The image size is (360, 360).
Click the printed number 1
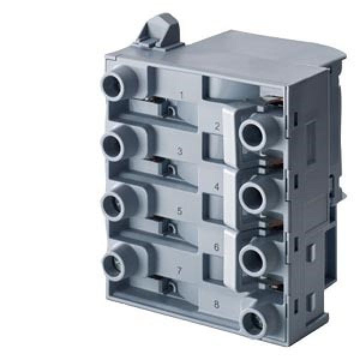pyautogui.click(x=182, y=95)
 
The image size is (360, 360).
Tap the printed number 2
pyautogui.click(x=217, y=126)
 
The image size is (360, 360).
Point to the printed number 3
pyautogui.click(x=180, y=151)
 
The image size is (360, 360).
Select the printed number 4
pyautogui.click(x=217, y=187)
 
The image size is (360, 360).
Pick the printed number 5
pyautogui.click(x=180, y=211)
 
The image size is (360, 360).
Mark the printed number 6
pyautogui.click(x=216, y=247)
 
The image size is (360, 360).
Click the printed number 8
pyautogui.click(x=216, y=305)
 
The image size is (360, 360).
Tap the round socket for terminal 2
pyautogui.click(x=252, y=134)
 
